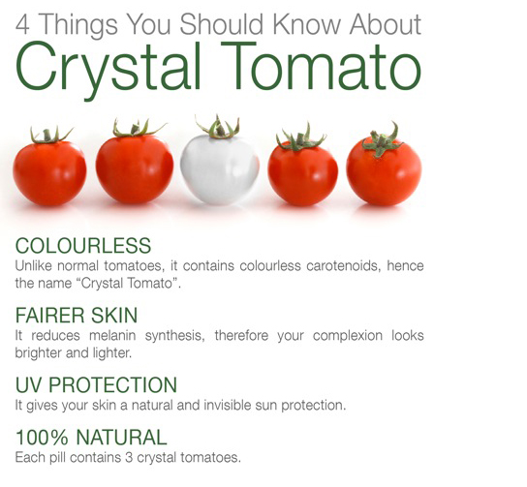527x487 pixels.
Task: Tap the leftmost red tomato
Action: click(x=49, y=171)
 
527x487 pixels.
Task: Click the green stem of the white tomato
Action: click(x=218, y=127)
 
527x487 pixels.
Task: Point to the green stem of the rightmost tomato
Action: click(x=382, y=139)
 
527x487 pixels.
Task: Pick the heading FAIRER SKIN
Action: click(x=77, y=315)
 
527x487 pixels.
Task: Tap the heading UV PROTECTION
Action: click(x=96, y=384)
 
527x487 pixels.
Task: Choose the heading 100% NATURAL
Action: click(x=91, y=437)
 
